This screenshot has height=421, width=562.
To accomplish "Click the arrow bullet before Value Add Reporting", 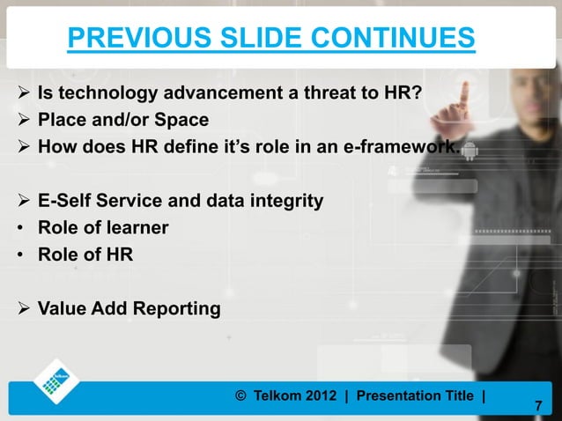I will [x=21, y=309].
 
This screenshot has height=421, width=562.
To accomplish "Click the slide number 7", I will [x=540, y=407].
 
